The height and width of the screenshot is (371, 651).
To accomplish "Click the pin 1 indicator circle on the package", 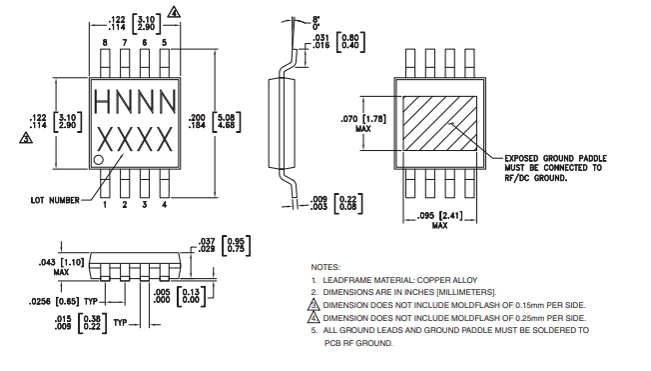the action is (99, 160).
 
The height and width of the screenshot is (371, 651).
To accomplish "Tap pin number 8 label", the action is (105, 42).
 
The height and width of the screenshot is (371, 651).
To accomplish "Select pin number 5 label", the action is (165, 42).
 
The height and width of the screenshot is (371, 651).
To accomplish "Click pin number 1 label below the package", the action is (105, 205).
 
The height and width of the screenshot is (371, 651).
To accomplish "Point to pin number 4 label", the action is (165, 205).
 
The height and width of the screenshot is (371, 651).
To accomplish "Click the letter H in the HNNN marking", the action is (102, 102).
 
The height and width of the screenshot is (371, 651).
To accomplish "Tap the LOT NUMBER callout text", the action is (55, 200).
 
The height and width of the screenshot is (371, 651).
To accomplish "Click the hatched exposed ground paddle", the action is (439, 124).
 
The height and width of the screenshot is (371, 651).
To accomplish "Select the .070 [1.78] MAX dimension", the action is (363, 124).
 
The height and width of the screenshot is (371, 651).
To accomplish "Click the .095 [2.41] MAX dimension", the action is (439, 220).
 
